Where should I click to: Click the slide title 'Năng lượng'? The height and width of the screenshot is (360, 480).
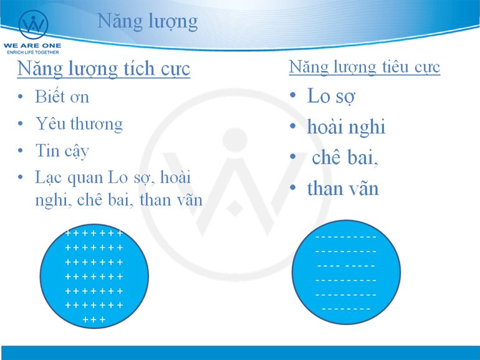tap(148, 22)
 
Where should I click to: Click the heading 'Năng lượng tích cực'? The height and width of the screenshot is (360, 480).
tap(103, 69)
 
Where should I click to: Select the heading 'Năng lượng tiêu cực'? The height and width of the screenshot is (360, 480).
tap(365, 67)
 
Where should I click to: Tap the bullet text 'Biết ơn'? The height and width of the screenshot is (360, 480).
tap(62, 97)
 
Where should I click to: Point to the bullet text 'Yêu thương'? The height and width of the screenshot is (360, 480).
tap(79, 124)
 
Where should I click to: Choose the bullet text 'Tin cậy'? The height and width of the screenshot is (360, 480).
tap(62, 151)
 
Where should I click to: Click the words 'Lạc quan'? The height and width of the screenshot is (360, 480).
tap(69, 178)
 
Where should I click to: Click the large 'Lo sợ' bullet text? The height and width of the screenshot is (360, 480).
tap(331, 96)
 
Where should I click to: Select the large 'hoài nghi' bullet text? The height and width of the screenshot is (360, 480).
tap(346, 126)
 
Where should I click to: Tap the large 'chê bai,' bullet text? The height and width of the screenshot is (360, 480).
tap(345, 157)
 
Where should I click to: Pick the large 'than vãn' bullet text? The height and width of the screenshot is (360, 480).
tap(343, 188)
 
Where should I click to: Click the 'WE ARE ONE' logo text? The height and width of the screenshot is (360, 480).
tap(32, 45)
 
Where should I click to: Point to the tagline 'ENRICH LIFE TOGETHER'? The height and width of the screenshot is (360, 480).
tap(33, 52)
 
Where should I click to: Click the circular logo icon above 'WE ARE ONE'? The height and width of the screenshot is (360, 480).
tap(33, 24)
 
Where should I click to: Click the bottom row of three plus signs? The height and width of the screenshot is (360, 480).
tap(94, 320)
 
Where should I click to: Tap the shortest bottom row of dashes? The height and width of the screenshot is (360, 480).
tap(346, 309)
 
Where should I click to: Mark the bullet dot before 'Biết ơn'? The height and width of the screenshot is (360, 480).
tap(21, 97)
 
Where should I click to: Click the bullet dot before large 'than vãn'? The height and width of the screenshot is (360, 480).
tap(292, 187)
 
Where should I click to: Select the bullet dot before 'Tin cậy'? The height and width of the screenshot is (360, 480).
tap(21, 151)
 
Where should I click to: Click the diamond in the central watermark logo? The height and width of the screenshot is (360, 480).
tap(235, 208)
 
